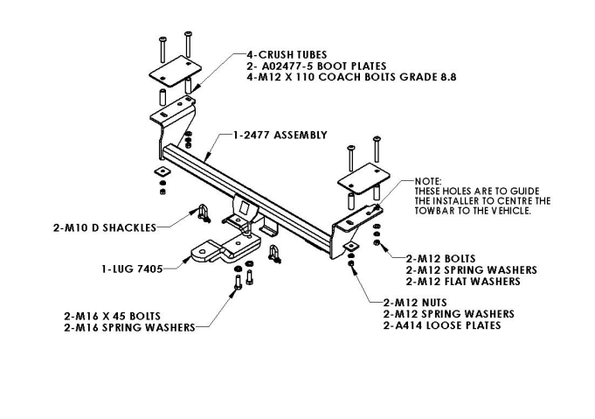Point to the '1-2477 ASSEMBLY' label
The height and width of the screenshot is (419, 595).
[x=280, y=136]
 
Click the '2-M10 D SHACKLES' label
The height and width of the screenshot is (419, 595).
[x=104, y=227]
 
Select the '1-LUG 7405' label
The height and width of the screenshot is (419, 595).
[x=128, y=268]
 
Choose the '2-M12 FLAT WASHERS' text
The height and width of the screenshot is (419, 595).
[x=463, y=282]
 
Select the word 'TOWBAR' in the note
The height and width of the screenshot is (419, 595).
[x=433, y=211]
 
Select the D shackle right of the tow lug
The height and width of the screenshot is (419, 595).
[x=274, y=254]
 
